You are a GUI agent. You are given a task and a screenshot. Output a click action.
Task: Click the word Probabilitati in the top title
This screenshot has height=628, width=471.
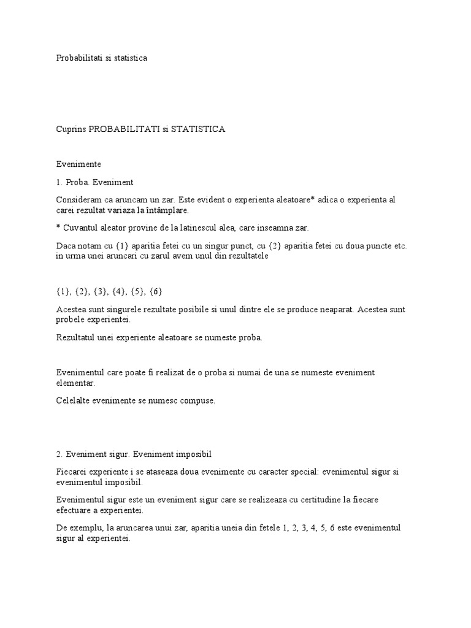coord(76,58)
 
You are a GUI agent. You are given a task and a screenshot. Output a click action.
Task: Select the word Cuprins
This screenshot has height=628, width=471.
coord(71,129)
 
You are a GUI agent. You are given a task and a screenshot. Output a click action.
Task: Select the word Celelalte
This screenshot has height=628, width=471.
coord(74,400)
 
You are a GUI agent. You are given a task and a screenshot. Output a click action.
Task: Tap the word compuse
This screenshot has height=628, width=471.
coord(195,400)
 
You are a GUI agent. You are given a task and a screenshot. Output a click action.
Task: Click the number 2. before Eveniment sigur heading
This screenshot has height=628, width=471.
coord(59,454)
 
